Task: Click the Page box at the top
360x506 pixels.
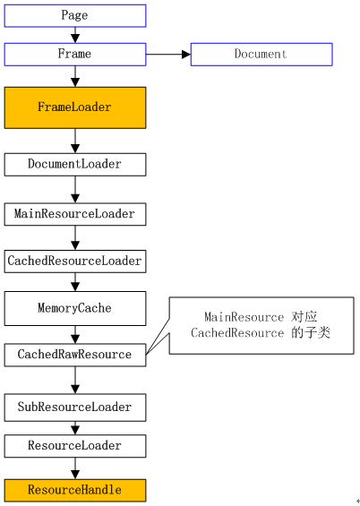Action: tap(74, 15)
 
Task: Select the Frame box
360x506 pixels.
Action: tap(74, 54)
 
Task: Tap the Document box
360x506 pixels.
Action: tap(261, 54)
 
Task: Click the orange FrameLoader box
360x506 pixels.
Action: tap(74, 107)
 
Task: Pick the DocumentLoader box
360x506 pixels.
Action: tap(74, 164)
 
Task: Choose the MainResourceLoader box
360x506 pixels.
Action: tap(74, 214)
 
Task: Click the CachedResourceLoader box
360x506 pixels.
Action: tap(74, 261)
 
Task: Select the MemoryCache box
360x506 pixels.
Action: tap(74, 308)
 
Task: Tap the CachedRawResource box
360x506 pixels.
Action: tap(74, 355)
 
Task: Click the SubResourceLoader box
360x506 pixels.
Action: tap(74, 407)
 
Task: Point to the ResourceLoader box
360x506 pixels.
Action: tap(74, 445)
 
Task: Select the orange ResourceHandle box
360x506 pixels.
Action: tap(74, 490)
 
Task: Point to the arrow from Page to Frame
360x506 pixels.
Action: tap(74, 35)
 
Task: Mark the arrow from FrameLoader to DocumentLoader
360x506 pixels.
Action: tap(74, 141)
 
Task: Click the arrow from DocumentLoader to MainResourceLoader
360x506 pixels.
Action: tap(74, 189)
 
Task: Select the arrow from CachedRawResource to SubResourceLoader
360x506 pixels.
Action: tap(74, 381)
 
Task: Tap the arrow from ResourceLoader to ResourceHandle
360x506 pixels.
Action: tap(74, 467)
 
